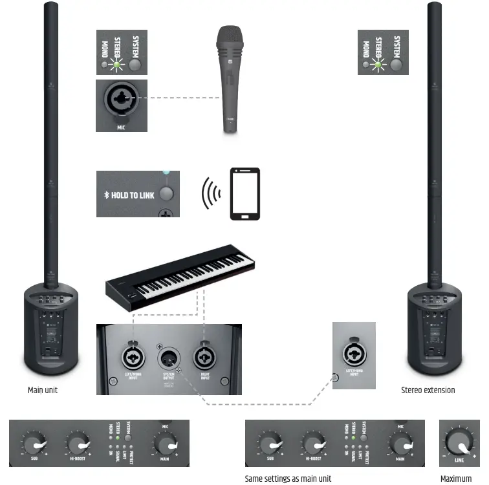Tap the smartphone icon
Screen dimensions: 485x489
pyautogui.click(x=245, y=193)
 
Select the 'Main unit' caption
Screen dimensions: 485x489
pyautogui.click(x=43, y=391)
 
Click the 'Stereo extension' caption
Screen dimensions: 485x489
pyautogui.click(x=428, y=391)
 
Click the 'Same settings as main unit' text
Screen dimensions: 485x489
pyautogui.click(x=288, y=479)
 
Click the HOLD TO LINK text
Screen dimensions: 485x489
pyautogui.click(x=133, y=195)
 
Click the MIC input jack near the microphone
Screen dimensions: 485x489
pyautogui.click(x=121, y=99)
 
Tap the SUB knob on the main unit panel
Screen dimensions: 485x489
pyautogui.click(x=32, y=444)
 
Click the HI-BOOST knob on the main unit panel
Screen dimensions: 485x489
pyautogui.click(x=76, y=444)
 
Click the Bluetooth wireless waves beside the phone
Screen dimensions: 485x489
pyautogui.click(x=209, y=193)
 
